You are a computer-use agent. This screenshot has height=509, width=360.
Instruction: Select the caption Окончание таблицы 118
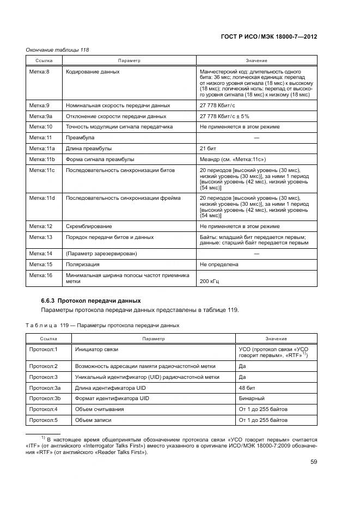coord(57,50)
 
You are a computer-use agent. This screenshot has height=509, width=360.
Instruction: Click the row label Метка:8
coord(39,71)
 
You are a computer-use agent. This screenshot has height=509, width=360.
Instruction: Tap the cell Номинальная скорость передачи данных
coord(118,105)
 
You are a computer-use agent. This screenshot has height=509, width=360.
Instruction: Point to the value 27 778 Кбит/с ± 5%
coord(224,116)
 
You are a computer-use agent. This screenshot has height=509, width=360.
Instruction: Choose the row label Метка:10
coord(40,126)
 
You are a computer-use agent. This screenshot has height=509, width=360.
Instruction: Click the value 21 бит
coord(209,148)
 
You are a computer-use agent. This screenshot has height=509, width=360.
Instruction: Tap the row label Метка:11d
coord(41,198)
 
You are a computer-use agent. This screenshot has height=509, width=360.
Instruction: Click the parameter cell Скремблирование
coord(89,226)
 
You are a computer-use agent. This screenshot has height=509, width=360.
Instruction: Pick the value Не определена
coord(219,265)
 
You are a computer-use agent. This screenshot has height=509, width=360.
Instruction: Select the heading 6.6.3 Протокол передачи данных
coord(91,301)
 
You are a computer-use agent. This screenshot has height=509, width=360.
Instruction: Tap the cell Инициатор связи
coord(96,348)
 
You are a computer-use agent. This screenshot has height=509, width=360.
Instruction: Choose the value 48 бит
coord(248,387)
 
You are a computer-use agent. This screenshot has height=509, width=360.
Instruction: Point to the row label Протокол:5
coord(44,420)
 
